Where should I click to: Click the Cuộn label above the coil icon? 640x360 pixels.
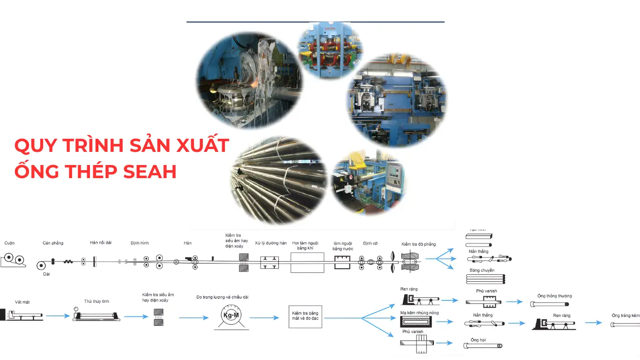[9, 243]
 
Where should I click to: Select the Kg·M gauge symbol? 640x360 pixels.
[231, 315]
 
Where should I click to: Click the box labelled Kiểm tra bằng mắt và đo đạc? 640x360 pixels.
[305, 316]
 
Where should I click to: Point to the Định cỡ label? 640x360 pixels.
[370, 243]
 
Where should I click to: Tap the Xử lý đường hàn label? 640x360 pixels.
[270, 243]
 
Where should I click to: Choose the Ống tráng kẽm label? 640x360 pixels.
[625, 315]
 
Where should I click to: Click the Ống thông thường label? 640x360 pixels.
[554, 296]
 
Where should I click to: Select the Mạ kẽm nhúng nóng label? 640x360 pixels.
[419, 313]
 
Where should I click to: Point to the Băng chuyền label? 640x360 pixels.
[482, 270]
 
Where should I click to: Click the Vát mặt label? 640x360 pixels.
[22, 302]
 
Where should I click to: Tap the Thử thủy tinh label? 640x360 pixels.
[97, 301]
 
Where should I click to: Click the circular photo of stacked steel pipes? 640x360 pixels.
[279, 180]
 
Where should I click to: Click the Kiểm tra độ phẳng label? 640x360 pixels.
[418, 244]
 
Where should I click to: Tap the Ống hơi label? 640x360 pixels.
[478, 340]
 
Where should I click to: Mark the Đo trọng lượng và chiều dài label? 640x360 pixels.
[222, 297]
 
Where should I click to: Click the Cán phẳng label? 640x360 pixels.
[53, 243]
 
